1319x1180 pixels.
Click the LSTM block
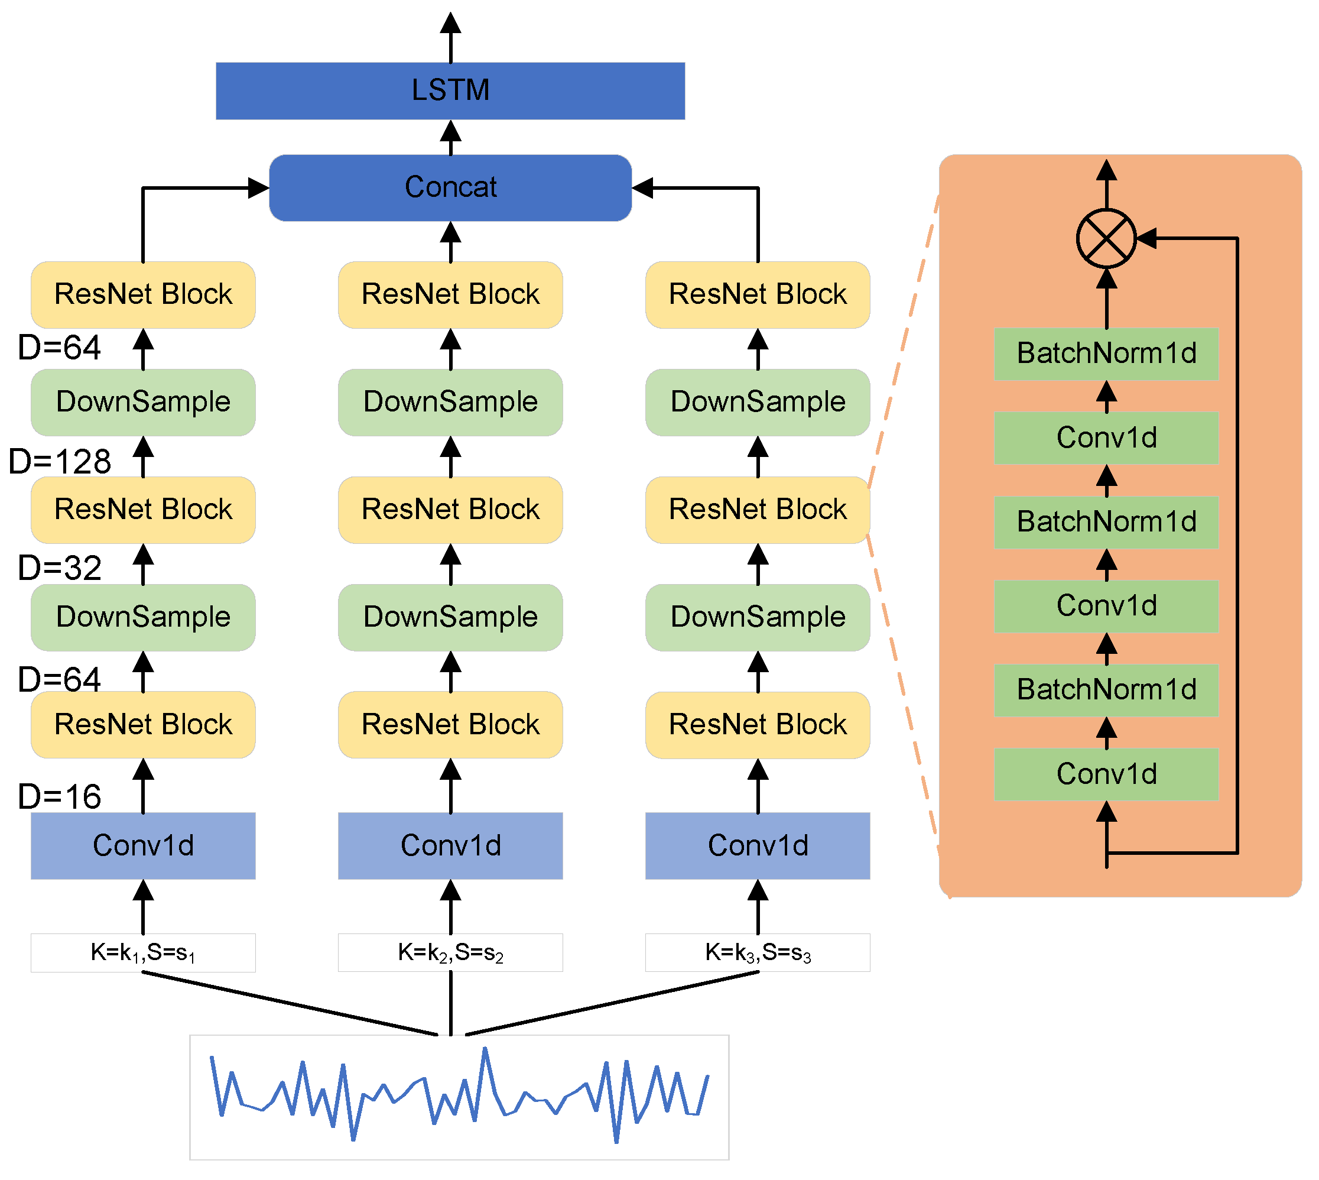(x=450, y=91)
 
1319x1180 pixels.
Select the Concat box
(x=450, y=187)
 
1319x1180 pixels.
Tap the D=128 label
(x=60, y=462)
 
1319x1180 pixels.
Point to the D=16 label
(x=60, y=797)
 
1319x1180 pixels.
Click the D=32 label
(x=60, y=568)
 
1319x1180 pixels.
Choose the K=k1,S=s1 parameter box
(x=142, y=952)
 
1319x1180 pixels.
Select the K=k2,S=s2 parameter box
(x=450, y=952)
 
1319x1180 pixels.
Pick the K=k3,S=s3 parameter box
(x=758, y=952)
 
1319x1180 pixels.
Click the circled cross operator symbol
(x=1106, y=239)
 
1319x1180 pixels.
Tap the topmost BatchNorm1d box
(x=1106, y=354)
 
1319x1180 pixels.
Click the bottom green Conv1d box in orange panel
(x=1106, y=774)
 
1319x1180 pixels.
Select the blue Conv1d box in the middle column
(x=450, y=845)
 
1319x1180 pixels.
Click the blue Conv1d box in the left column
(x=142, y=845)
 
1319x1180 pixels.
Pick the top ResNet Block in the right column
(x=758, y=294)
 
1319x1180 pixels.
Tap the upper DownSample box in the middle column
(x=450, y=402)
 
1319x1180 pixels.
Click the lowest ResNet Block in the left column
(x=142, y=724)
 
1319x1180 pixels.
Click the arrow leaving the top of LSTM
(x=450, y=35)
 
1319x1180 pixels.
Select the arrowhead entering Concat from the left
(x=258, y=188)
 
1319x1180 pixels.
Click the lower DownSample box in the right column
(x=758, y=617)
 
